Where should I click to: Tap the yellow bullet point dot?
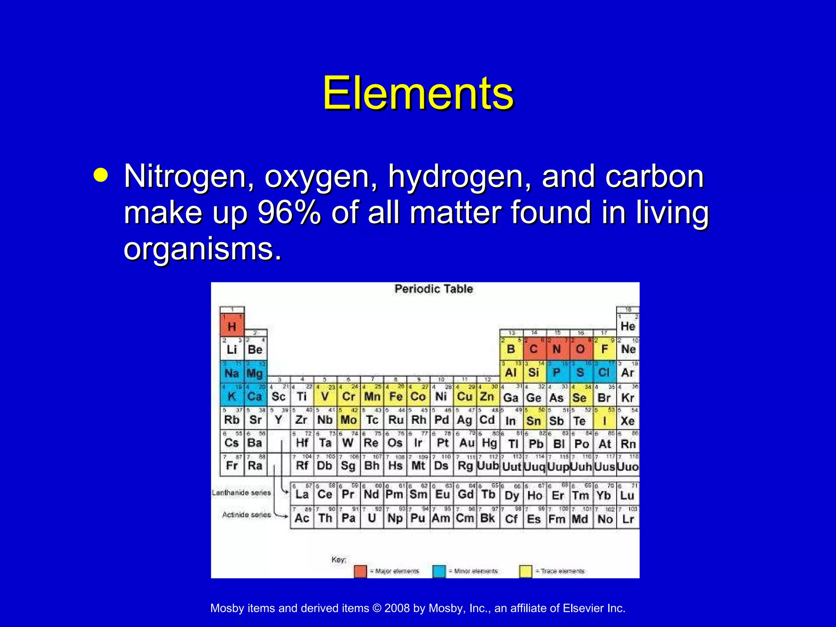[100, 175]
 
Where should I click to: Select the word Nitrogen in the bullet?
[189, 176]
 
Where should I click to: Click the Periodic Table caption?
[434, 289]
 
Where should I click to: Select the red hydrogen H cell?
[232, 325]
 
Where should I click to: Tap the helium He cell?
[627, 325]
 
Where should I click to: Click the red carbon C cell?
[534, 349]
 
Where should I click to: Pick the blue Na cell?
[232, 372]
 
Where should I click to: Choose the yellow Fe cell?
[396, 396]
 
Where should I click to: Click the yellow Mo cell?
[349, 419]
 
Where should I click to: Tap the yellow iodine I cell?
[604, 420]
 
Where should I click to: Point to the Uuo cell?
[627, 466]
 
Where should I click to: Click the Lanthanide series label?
[241, 493]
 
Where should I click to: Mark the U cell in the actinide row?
[371, 518]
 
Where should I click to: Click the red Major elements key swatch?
[360, 571]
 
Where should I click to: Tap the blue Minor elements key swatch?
[439, 571]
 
